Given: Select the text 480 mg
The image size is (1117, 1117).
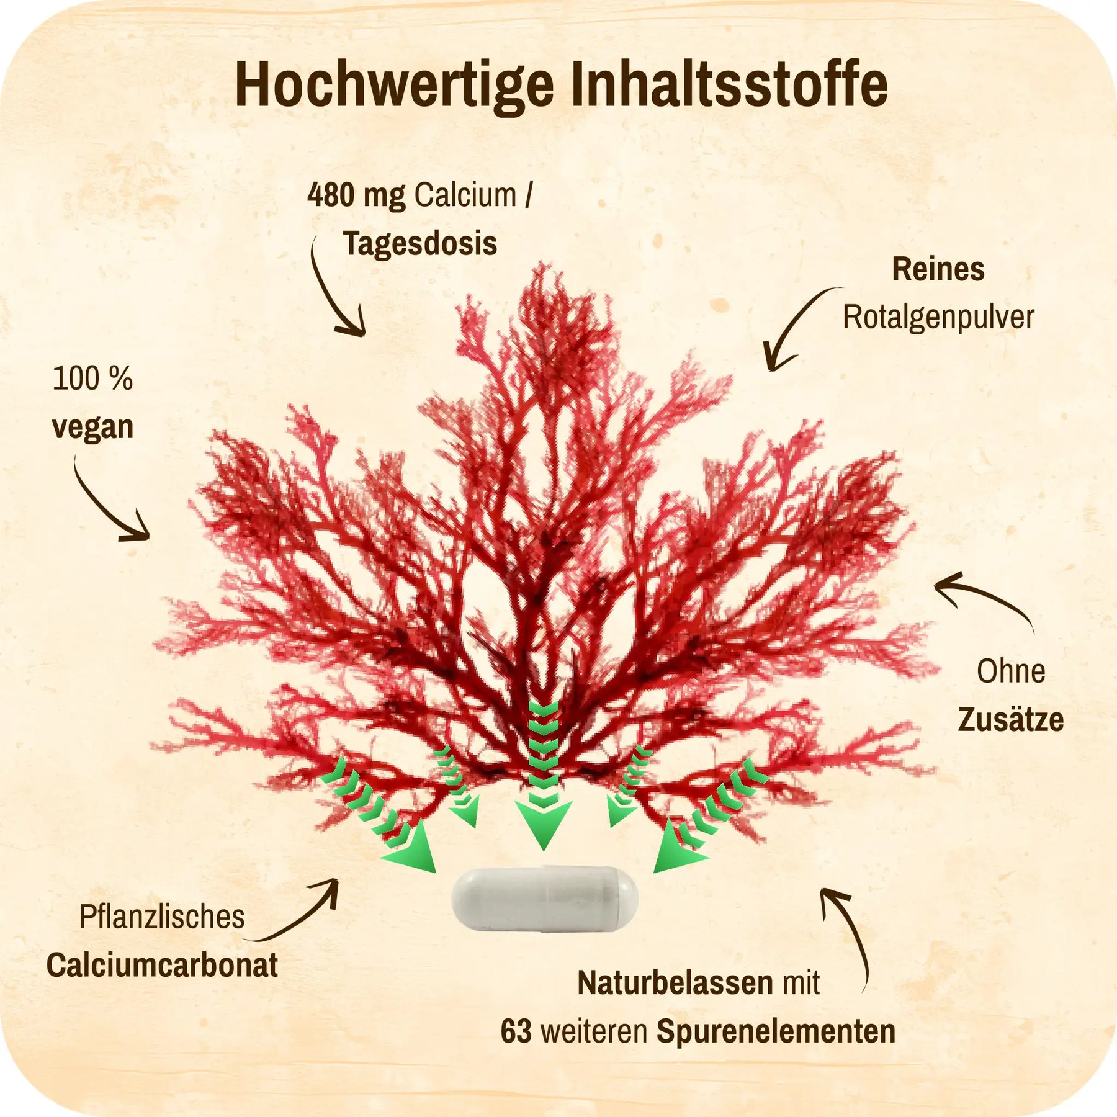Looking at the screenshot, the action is pos(356,196).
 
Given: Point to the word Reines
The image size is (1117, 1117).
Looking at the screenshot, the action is pos(938,270).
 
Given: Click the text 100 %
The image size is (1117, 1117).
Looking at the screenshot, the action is pos(92,379).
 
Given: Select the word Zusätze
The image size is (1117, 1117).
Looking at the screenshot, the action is pos(1011,720).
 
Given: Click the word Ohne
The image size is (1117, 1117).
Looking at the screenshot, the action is pos(1011,671).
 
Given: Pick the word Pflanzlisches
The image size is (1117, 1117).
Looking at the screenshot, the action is pos(162,917).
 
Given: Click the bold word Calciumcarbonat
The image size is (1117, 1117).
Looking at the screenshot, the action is pos(162,966).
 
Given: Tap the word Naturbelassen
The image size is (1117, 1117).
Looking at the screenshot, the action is pos(675,983).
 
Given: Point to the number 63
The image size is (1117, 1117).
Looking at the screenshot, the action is pos(516,1031).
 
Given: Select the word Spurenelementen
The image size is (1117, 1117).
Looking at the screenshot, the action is pos(776,1032).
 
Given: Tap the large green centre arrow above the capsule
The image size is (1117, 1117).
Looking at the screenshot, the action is pos(544,775).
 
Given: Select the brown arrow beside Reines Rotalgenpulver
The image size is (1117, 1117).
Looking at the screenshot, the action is pos(801,328).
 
